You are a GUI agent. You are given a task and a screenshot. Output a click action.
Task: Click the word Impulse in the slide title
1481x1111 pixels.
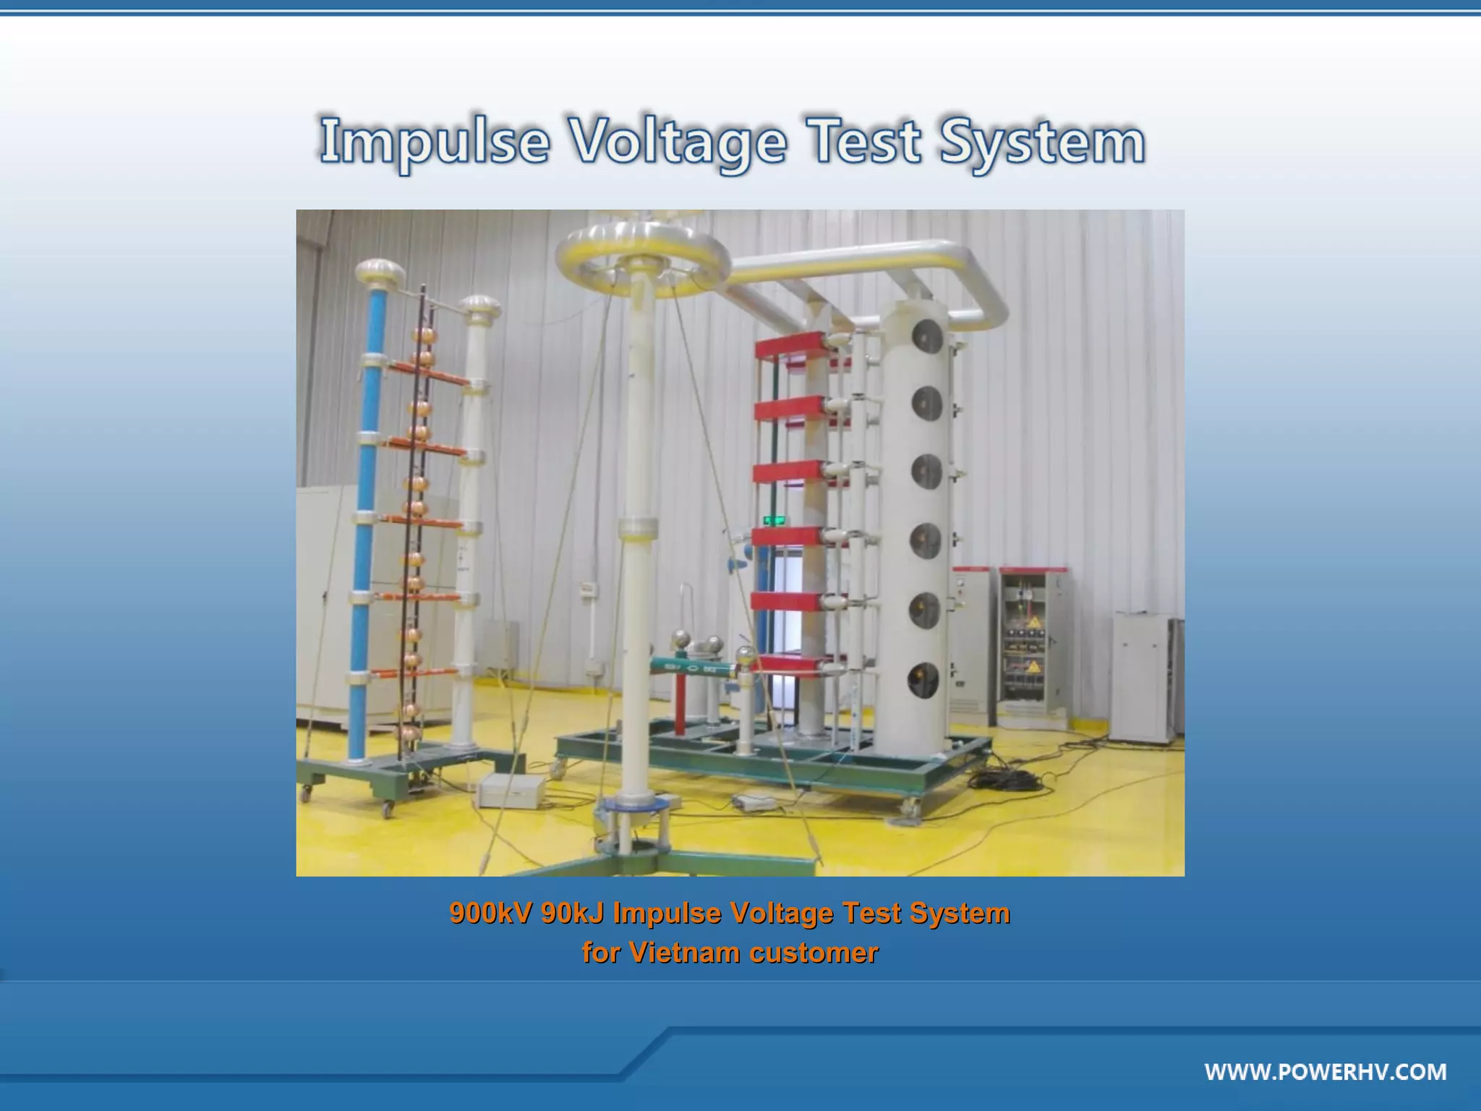[435, 141]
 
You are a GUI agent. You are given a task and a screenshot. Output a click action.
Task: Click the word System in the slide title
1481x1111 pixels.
[1042, 141]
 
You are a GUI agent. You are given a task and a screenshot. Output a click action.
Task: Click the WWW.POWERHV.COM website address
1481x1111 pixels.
[1326, 1071]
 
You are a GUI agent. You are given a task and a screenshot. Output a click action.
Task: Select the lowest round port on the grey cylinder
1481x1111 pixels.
[924, 679]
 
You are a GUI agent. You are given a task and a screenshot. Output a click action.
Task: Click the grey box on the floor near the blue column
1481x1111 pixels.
[510, 791]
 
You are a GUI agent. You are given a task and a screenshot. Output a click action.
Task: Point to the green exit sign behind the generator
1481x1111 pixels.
[775, 519]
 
